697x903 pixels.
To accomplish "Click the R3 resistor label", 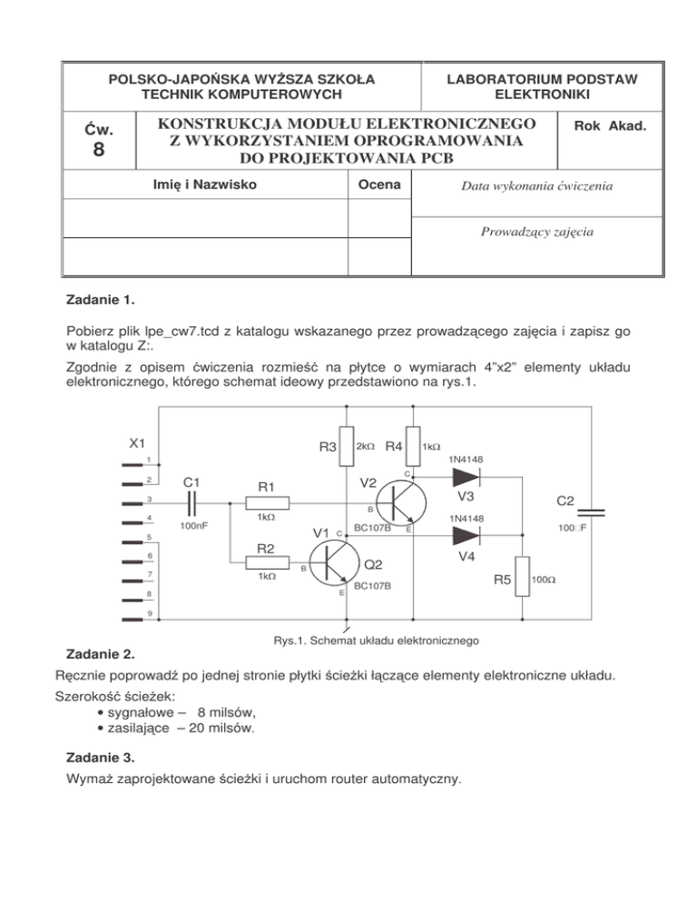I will pyautogui.click(x=328, y=447).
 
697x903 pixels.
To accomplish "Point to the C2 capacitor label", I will pyautogui.click(x=565, y=501).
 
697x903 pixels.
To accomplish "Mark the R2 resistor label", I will pyautogui.click(x=266, y=549).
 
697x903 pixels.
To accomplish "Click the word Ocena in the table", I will pyautogui.click(x=380, y=185).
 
